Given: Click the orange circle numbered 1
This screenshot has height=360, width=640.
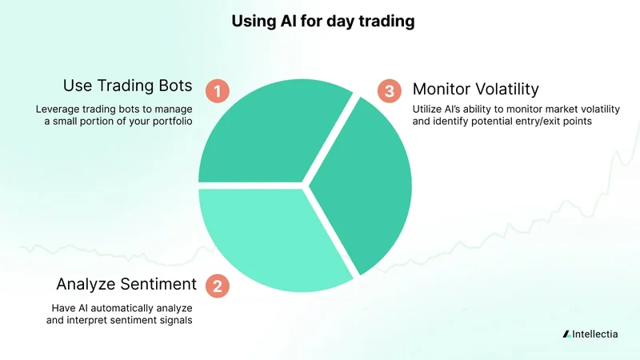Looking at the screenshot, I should point(217,90).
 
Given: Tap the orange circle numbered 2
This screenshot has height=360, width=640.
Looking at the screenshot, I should point(216,285).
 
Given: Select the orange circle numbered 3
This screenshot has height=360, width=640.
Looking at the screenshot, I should point(390,90).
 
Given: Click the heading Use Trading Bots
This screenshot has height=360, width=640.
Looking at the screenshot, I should point(129,86).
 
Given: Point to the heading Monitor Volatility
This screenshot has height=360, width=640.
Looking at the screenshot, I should point(475,90).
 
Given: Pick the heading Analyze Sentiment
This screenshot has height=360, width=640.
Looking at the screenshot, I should point(126,283).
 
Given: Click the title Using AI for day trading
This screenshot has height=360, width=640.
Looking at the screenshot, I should point(322,22).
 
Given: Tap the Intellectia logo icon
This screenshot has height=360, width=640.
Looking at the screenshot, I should point(566,334).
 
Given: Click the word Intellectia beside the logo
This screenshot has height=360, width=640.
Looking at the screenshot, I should point(595,334).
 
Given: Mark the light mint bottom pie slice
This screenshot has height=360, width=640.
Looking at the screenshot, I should point(268,236).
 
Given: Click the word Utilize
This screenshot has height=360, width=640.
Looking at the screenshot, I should point(428,109).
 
